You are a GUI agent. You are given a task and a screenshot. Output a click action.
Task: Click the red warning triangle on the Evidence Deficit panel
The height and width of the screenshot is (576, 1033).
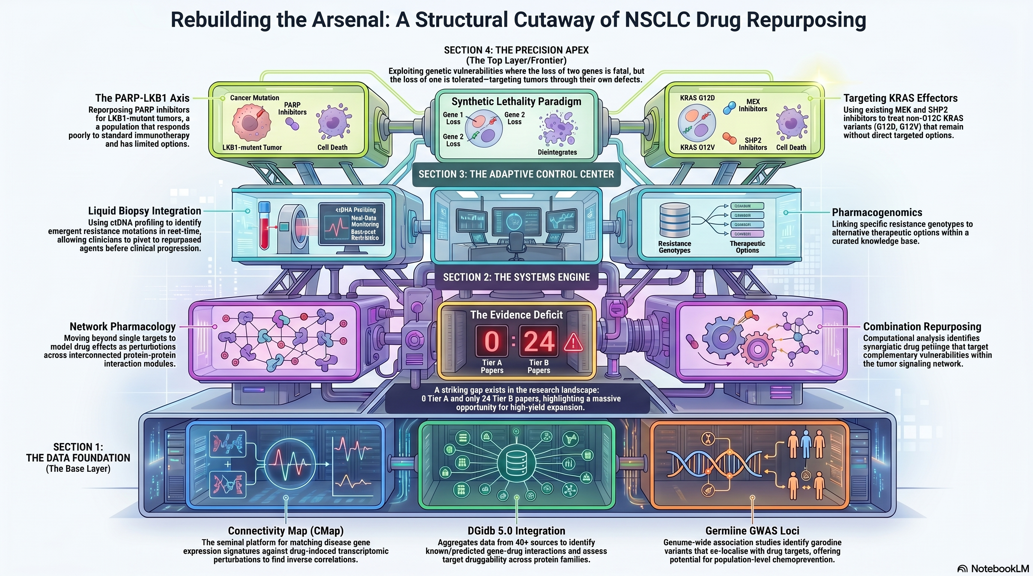(x=574, y=342)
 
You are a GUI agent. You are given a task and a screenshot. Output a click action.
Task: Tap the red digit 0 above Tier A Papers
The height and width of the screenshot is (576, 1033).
(x=492, y=342)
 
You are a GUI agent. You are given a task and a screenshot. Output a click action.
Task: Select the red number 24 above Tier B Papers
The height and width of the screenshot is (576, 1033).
(x=539, y=342)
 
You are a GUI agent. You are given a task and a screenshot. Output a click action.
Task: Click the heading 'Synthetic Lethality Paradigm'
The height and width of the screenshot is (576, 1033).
(x=516, y=101)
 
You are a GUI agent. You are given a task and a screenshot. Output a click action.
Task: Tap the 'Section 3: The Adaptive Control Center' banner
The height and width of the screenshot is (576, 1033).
(x=516, y=174)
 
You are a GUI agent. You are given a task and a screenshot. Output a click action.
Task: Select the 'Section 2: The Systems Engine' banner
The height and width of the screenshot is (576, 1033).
(x=516, y=277)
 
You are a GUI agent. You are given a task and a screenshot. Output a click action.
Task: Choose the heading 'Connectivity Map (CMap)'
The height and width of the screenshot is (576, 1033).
(x=286, y=531)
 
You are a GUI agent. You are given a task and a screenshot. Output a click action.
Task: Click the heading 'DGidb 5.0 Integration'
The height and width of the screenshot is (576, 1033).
(x=516, y=531)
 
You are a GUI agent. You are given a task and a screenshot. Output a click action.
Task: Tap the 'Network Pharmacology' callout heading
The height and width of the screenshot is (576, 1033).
(x=123, y=327)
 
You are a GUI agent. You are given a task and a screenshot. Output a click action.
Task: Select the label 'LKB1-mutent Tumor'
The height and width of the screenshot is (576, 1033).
(x=252, y=147)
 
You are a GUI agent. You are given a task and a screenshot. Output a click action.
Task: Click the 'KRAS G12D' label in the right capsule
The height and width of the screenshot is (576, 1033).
(x=697, y=98)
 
